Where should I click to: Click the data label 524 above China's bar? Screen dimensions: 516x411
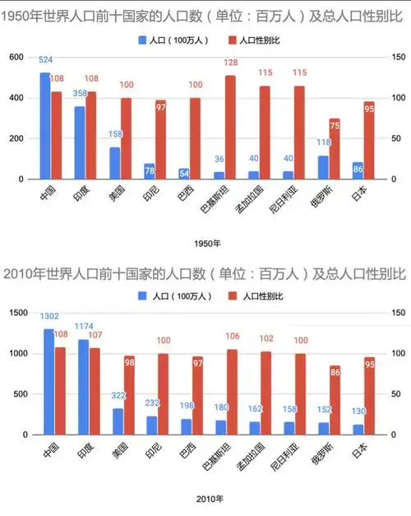click(x=46, y=60)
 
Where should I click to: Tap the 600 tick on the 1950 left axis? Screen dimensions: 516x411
click(x=17, y=57)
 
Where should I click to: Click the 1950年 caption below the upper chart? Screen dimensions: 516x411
click(x=205, y=242)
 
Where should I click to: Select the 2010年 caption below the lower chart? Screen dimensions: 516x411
click(x=205, y=498)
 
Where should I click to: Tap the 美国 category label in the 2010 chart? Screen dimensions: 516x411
click(x=120, y=450)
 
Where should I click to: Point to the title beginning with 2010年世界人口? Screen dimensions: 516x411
click(x=205, y=272)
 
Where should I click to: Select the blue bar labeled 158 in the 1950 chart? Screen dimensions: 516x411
click(x=115, y=163)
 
